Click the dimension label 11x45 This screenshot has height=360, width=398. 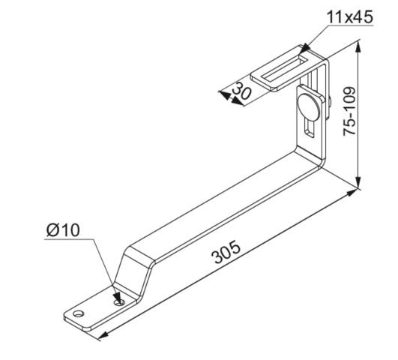349,17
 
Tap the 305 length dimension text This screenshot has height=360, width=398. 226,252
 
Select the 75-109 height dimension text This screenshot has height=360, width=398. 349,111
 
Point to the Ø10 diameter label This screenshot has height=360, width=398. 63,230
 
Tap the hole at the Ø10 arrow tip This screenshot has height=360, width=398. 120,302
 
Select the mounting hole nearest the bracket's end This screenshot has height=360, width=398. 79,313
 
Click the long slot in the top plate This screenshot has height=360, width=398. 284,68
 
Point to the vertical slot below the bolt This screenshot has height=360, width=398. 310,128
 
